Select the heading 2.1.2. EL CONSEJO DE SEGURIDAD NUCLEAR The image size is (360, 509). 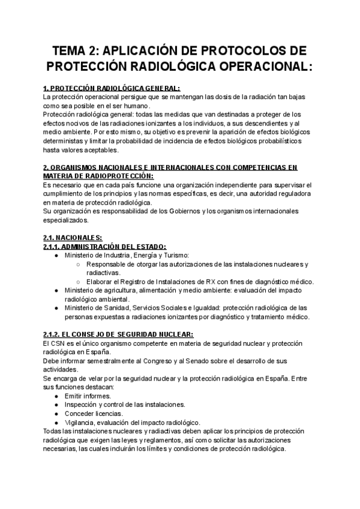(118, 334)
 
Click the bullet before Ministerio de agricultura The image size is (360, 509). (56, 291)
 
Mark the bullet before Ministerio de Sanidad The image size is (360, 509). (56, 308)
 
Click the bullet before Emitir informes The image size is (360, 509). (56, 396)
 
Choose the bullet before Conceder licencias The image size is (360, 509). (56, 414)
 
